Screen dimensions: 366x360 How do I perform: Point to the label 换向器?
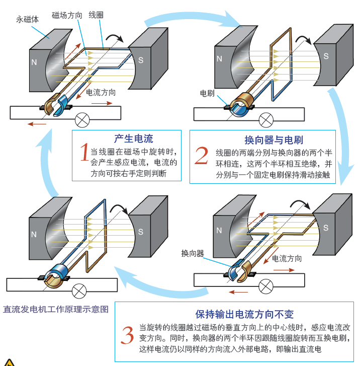193,253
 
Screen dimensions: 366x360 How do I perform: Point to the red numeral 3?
128,335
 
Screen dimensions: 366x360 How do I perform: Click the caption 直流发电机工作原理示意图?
56,309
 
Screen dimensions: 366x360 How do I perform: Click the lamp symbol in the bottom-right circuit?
265,286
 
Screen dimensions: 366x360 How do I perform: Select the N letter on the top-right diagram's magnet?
219,58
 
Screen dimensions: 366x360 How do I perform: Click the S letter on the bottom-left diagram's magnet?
141,232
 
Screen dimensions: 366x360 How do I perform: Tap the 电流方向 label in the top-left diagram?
102,93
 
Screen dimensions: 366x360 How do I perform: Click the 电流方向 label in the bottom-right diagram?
287,259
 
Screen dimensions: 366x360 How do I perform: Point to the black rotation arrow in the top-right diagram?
303,40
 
